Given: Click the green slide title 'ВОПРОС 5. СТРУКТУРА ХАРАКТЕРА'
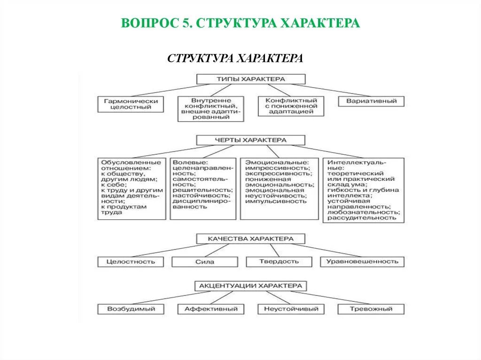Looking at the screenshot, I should point(240,23).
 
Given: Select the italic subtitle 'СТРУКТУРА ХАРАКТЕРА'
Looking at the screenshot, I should point(235,59).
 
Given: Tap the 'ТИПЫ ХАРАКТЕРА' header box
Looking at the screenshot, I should point(251,79).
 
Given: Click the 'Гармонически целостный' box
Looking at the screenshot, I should point(131,104).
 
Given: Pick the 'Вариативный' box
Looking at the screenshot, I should point(371,101).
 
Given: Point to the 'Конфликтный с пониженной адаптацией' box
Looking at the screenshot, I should point(291,107).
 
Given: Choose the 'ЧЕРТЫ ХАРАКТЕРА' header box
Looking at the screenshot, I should point(251,140).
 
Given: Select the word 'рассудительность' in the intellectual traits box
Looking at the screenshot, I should point(359,218).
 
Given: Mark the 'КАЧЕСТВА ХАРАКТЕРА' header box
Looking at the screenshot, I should point(251,239).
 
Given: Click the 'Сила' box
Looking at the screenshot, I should point(204,262).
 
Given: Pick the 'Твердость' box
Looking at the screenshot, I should point(279,261).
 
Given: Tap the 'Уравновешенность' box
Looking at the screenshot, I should point(362,261).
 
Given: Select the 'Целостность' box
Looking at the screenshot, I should point(131,262).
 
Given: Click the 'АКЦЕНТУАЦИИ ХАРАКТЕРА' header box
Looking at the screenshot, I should point(251,285).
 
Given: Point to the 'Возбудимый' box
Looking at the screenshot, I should point(131,309).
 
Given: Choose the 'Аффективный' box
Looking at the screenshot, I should point(211,309).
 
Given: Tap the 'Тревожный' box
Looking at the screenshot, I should point(371,309).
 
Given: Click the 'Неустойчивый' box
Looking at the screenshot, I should point(291,309).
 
